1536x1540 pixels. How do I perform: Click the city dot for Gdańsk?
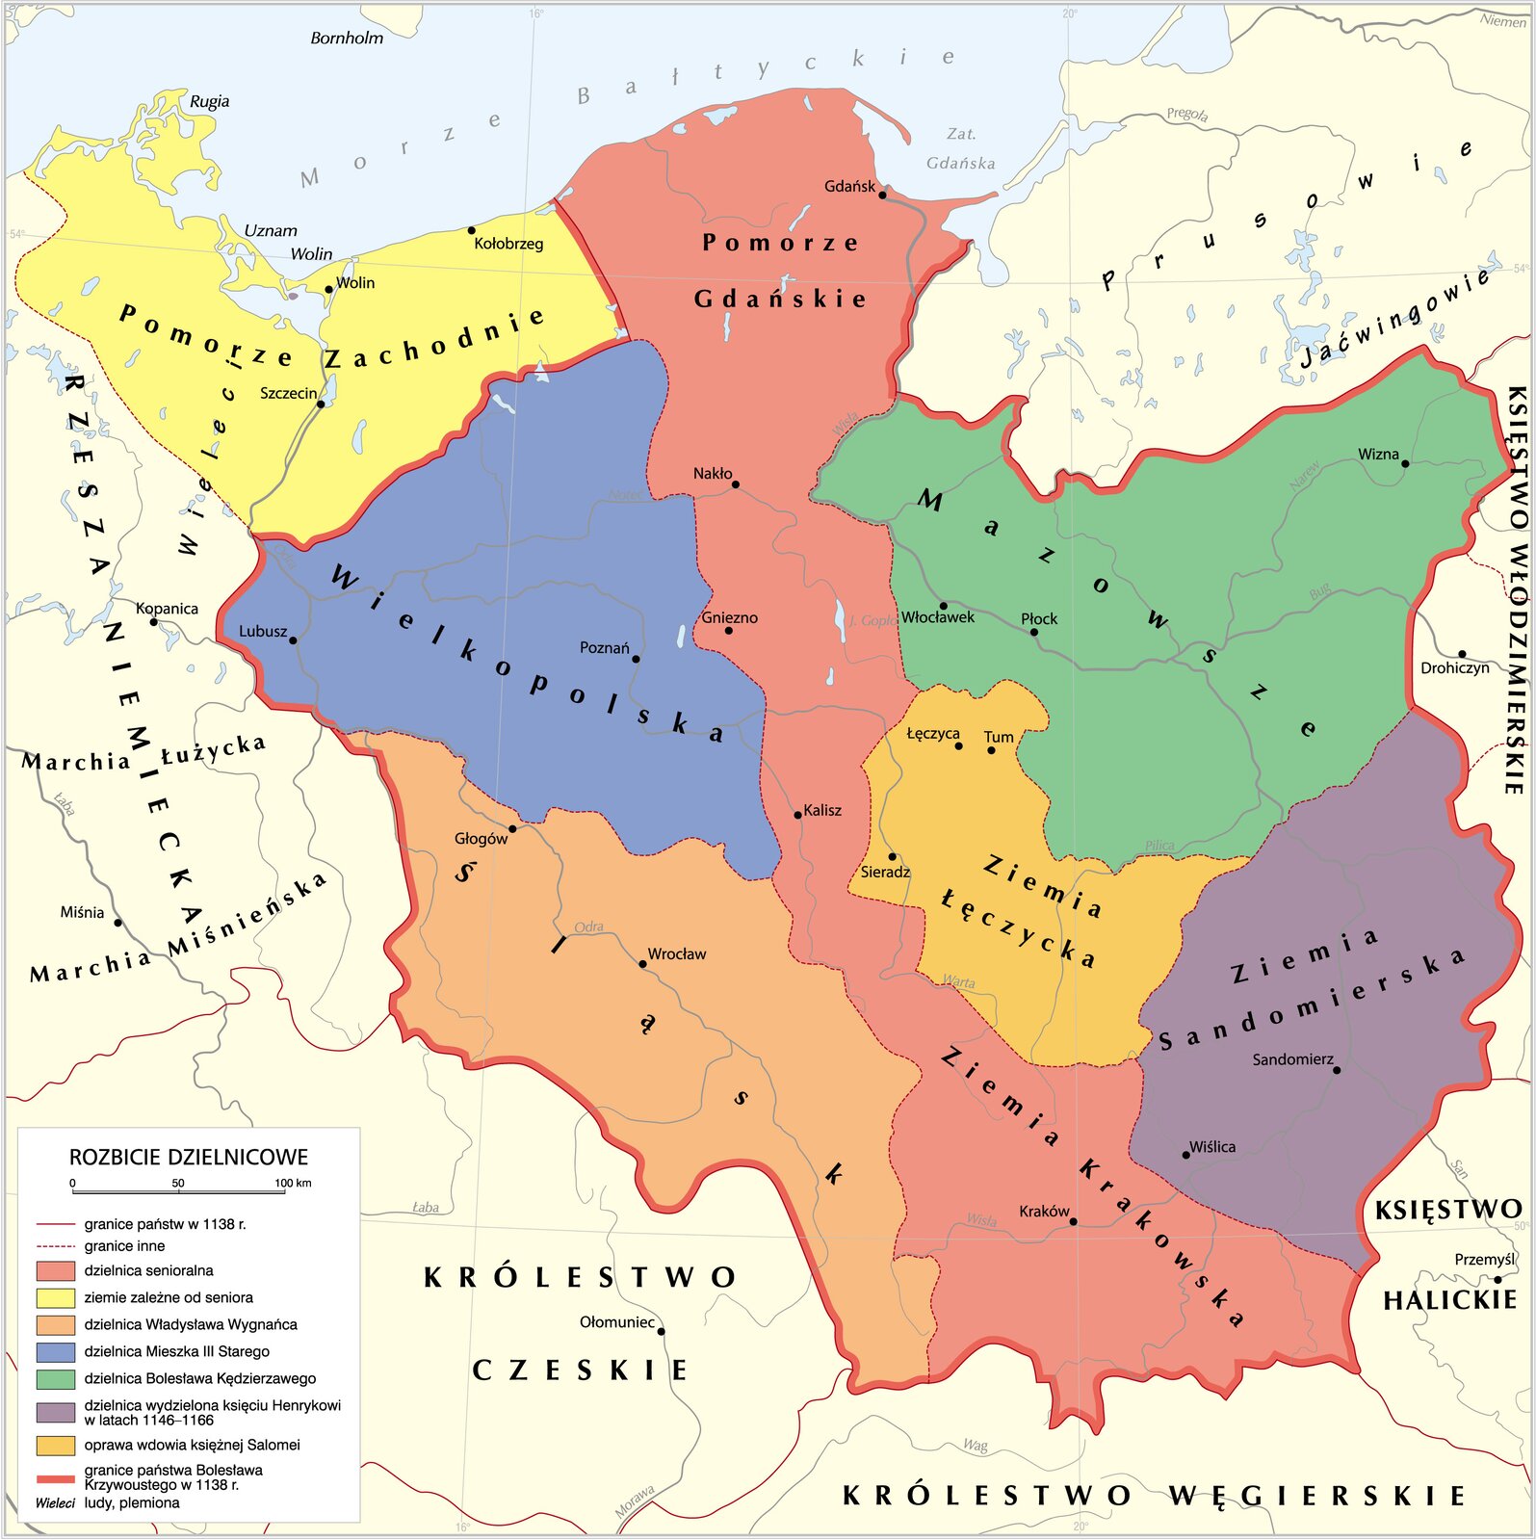pos(882,195)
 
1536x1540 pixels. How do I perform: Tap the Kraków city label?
pos(1044,1212)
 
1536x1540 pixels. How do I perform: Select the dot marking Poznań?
pos(636,660)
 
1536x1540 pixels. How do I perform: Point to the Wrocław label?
pos(676,954)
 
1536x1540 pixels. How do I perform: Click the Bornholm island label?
pos(347,39)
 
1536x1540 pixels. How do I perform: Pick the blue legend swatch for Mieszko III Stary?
pos(55,1352)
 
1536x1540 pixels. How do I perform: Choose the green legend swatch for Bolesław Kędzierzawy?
pos(55,1379)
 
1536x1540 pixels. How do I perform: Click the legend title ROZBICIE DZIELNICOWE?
pos(189,1158)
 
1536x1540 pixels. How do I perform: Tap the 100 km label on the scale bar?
pos(293,1184)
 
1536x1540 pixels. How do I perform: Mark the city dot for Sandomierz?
pos(1337,1070)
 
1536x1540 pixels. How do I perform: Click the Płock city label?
pos(1039,619)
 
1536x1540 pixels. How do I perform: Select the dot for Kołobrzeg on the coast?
pos(471,230)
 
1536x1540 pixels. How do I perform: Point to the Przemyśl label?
pos(1484,1260)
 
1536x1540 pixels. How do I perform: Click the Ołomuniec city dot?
pos(661,1332)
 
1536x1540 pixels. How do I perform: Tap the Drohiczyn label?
pos(1454,668)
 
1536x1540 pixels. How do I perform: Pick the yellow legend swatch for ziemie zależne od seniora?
pos(55,1298)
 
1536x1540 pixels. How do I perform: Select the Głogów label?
pos(481,839)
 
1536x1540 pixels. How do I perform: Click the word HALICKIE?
pos(1449,1301)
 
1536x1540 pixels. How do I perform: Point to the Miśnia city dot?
pos(118,923)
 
